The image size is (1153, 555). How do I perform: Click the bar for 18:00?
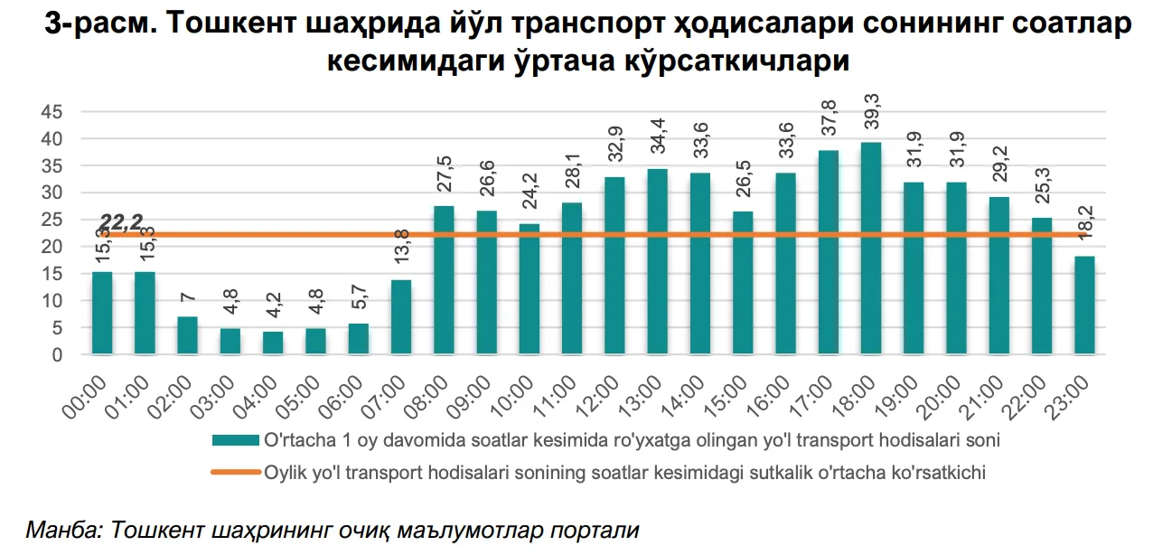pyautogui.click(x=871, y=249)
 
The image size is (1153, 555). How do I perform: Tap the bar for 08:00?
pyautogui.click(x=444, y=280)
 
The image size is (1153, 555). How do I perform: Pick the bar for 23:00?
pyautogui.click(x=1084, y=306)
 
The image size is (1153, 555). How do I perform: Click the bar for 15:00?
pyautogui.click(x=743, y=283)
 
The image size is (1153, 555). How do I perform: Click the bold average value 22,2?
pyautogui.click(x=122, y=221)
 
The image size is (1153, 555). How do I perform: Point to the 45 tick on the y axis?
pyautogui.click(x=52, y=112)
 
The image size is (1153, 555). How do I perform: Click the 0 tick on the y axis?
pyautogui.click(x=57, y=355)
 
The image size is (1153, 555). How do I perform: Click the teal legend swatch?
pyautogui.click(x=235, y=441)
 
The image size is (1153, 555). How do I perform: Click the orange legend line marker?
pyautogui.click(x=235, y=472)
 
